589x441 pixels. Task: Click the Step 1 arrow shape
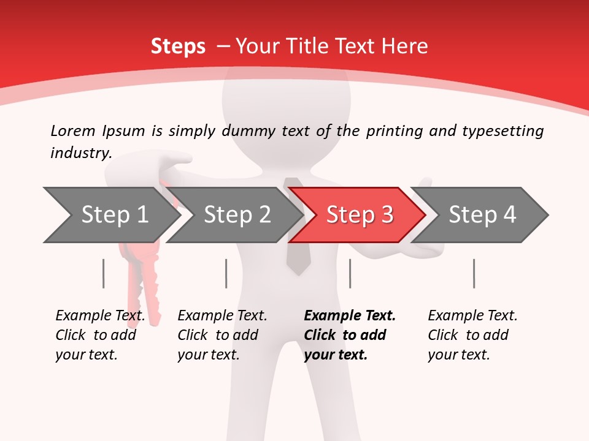[x=110, y=215]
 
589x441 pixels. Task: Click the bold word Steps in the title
[x=178, y=46]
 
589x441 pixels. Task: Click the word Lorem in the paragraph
[x=73, y=130]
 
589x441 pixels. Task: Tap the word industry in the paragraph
[x=80, y=153]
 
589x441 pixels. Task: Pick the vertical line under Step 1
[x=103, y=273]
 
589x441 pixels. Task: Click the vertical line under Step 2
[x=226, y=273]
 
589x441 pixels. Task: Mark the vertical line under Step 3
[x=350, y=273]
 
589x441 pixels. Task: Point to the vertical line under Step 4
[x=474, y=273]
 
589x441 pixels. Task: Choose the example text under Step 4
[x=472, y=335]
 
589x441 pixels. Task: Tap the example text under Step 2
[x=222, y=335]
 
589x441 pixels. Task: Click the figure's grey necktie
[x=298, y=257]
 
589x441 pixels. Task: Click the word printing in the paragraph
[x=395, y=130]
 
